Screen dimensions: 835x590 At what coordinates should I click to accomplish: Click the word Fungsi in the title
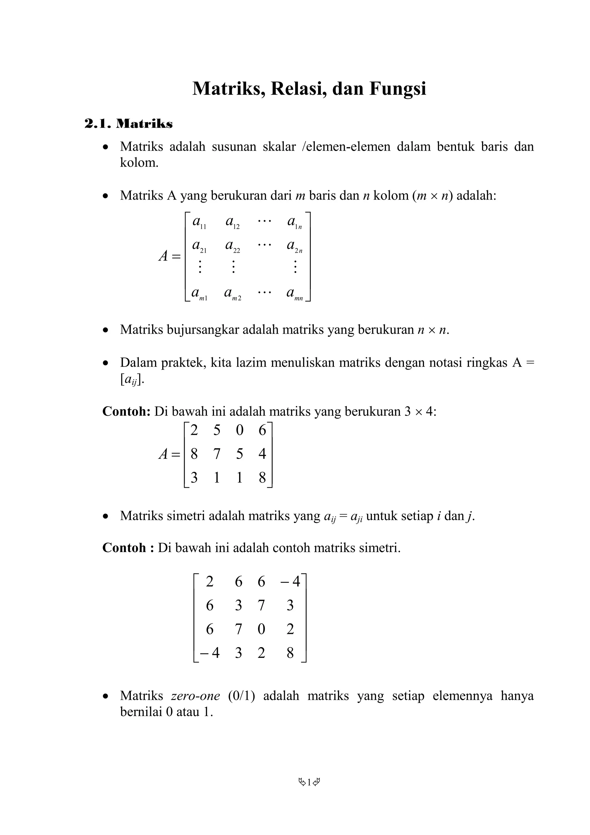tap(398, 88)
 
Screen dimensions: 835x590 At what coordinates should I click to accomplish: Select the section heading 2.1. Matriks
tap(128, 124)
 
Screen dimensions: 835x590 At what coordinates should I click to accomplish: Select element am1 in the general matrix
tap(199, 294)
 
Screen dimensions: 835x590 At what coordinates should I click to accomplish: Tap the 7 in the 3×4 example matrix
tap(217, 454)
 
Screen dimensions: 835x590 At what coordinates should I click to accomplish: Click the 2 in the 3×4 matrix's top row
tap(194, 430)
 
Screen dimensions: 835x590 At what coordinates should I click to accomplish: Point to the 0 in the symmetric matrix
tap(261, 629)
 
